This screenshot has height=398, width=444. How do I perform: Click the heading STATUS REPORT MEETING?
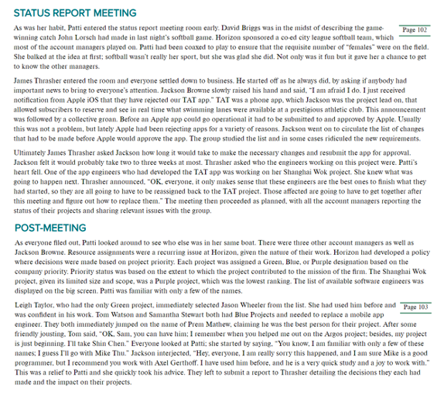pos(75,13)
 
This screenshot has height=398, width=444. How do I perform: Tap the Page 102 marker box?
pos(415,29)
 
